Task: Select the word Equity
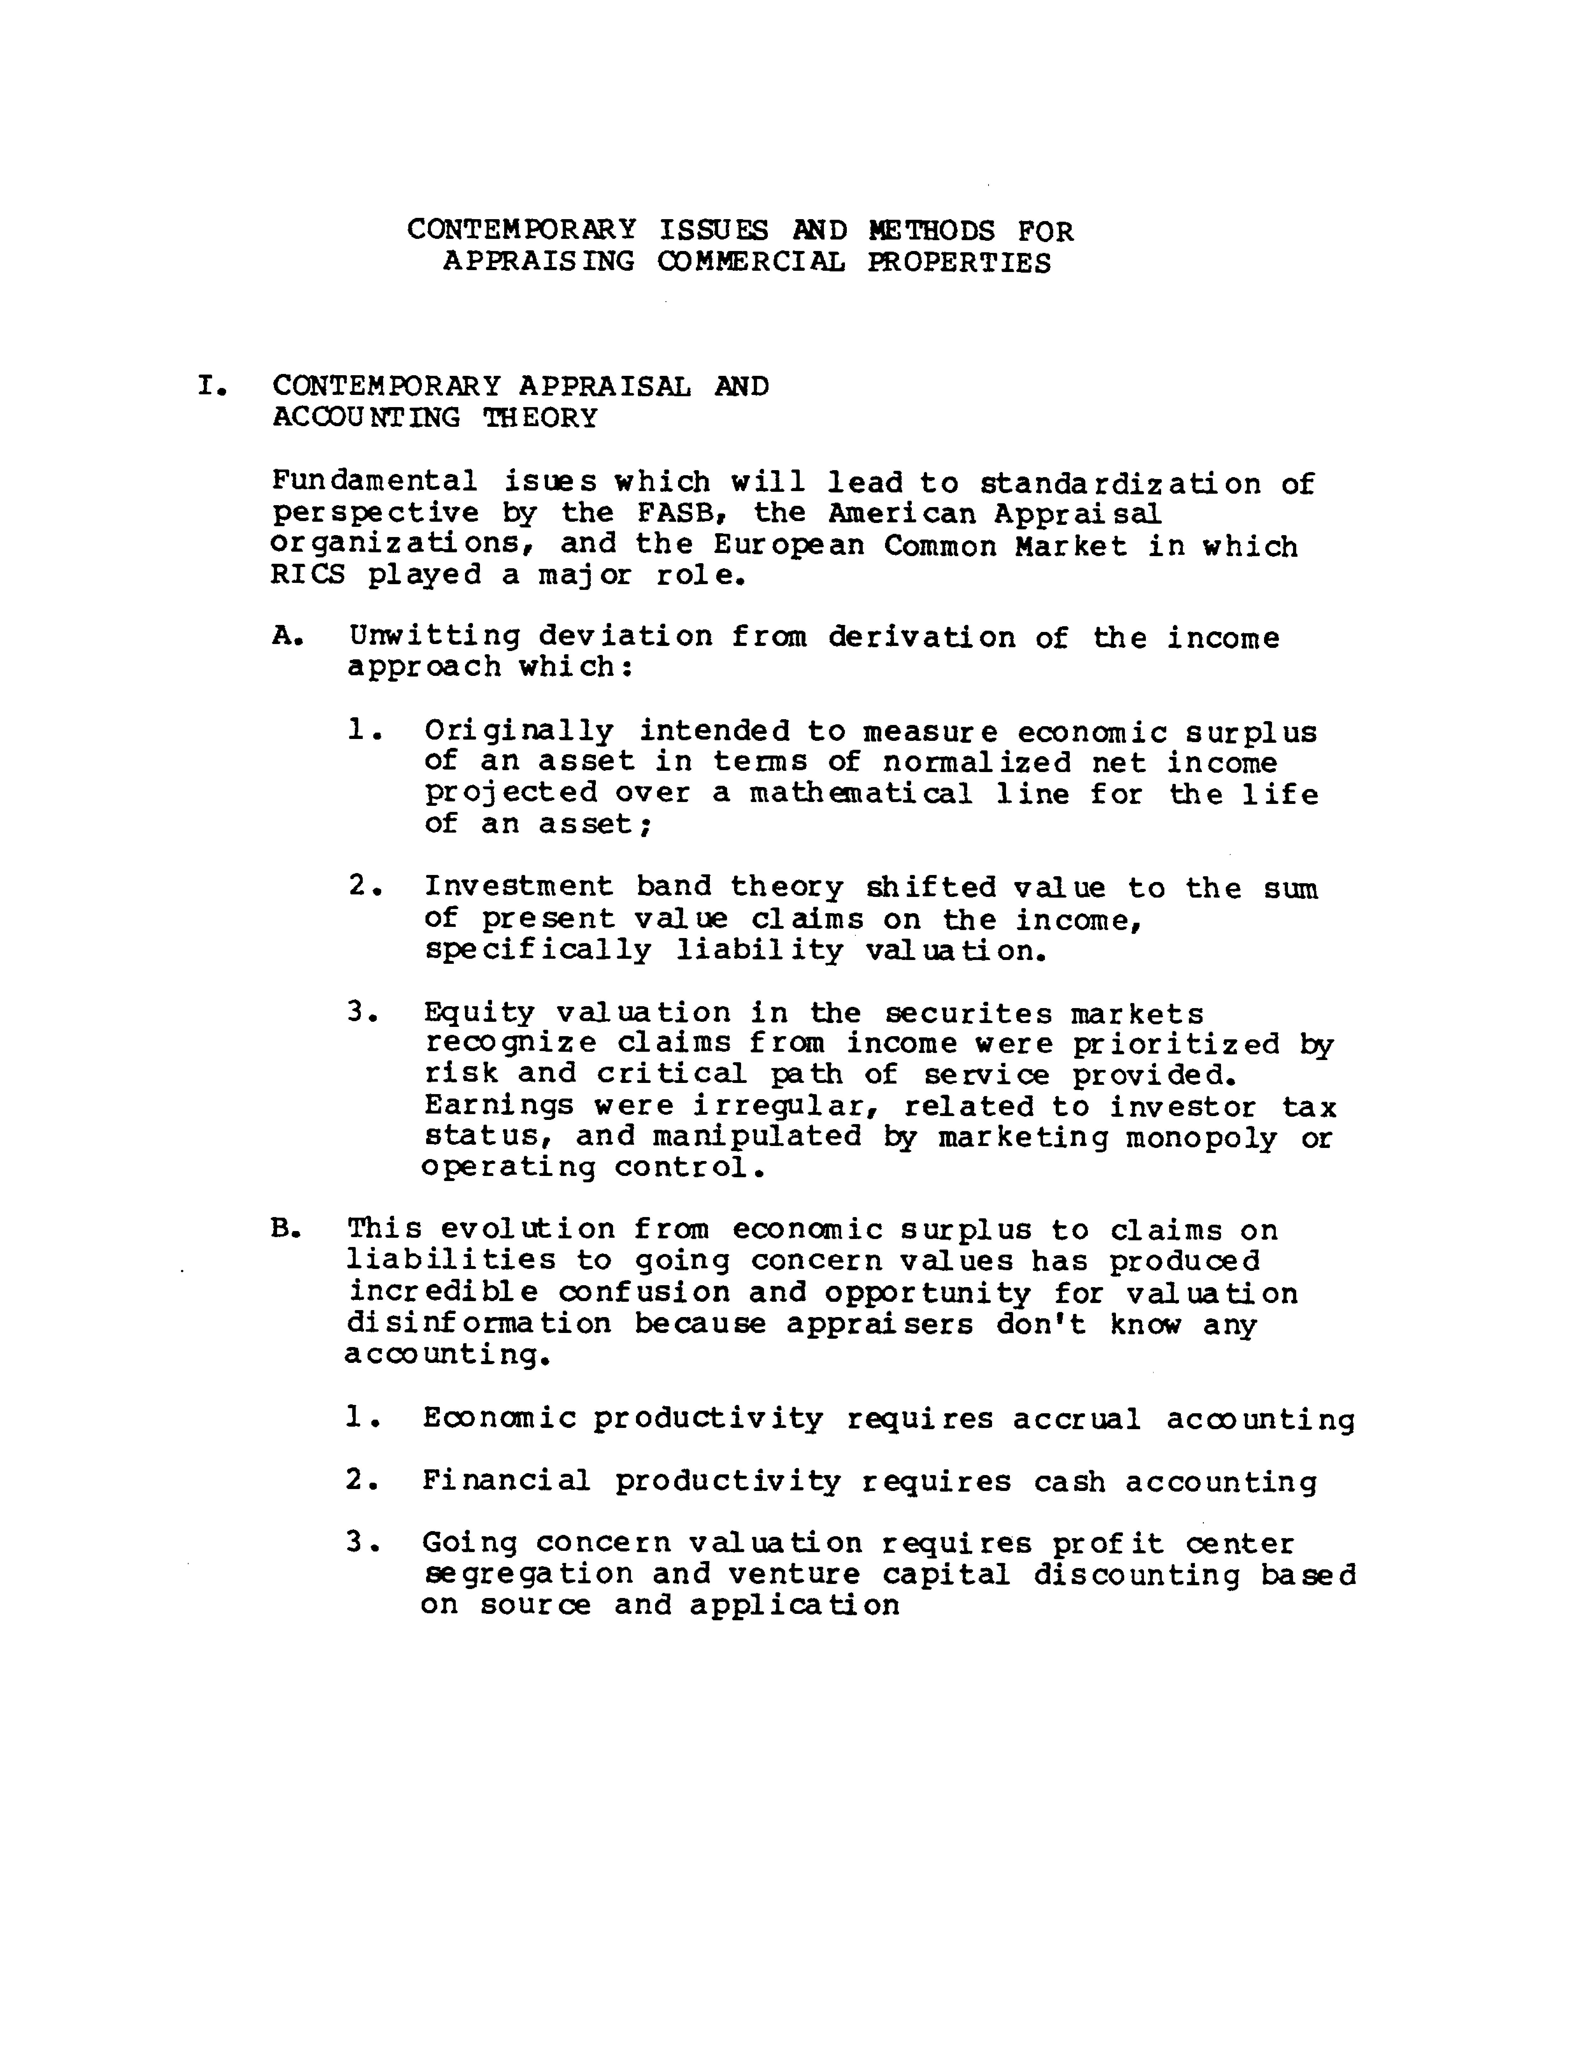pos(479,1013)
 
